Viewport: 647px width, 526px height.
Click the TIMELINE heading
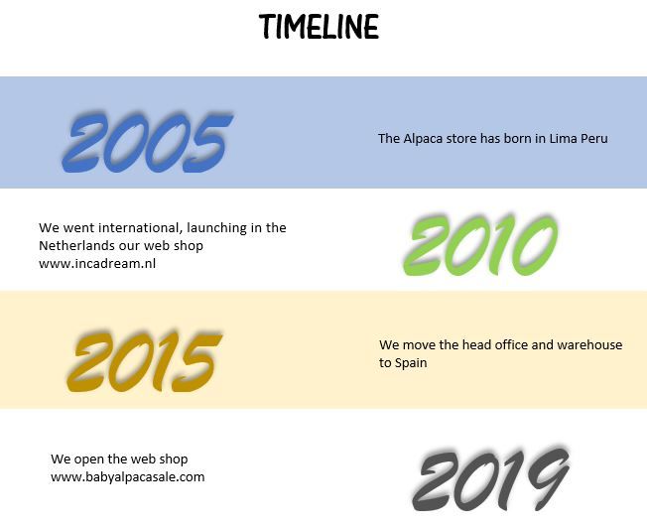319,26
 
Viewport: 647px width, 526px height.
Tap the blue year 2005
147,142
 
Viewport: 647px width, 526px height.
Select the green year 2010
480,245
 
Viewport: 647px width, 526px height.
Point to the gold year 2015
145,361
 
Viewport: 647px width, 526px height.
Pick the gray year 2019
491,478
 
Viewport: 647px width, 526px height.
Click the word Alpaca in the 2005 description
422,139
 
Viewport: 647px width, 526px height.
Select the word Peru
594,138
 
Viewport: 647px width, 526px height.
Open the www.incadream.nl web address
97,263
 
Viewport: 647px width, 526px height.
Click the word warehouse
589,345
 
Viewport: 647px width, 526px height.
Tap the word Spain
411,363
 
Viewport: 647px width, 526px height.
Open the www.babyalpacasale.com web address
127,477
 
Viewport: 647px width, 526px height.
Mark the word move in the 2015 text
419,345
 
